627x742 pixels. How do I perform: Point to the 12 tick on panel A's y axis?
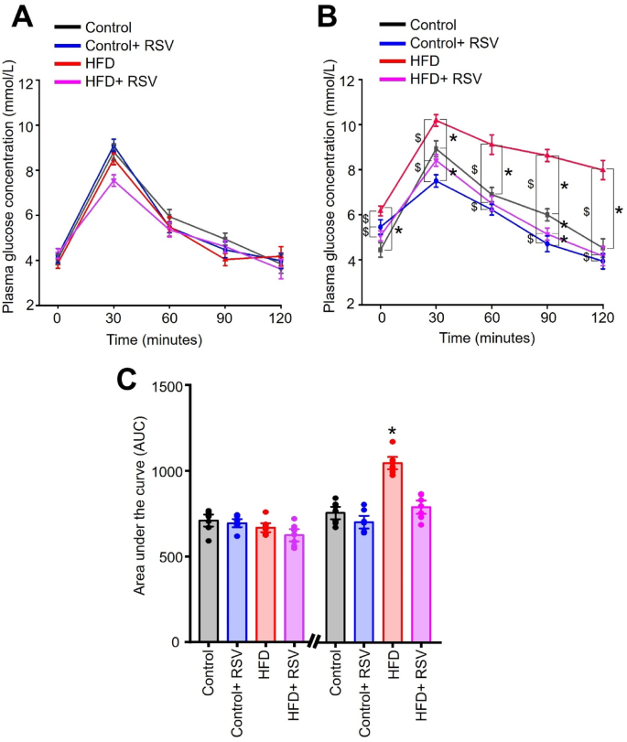tap(34, 81)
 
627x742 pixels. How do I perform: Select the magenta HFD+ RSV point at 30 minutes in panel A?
tap(113, 180)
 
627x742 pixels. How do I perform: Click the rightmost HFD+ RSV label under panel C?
tap(423, 689)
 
